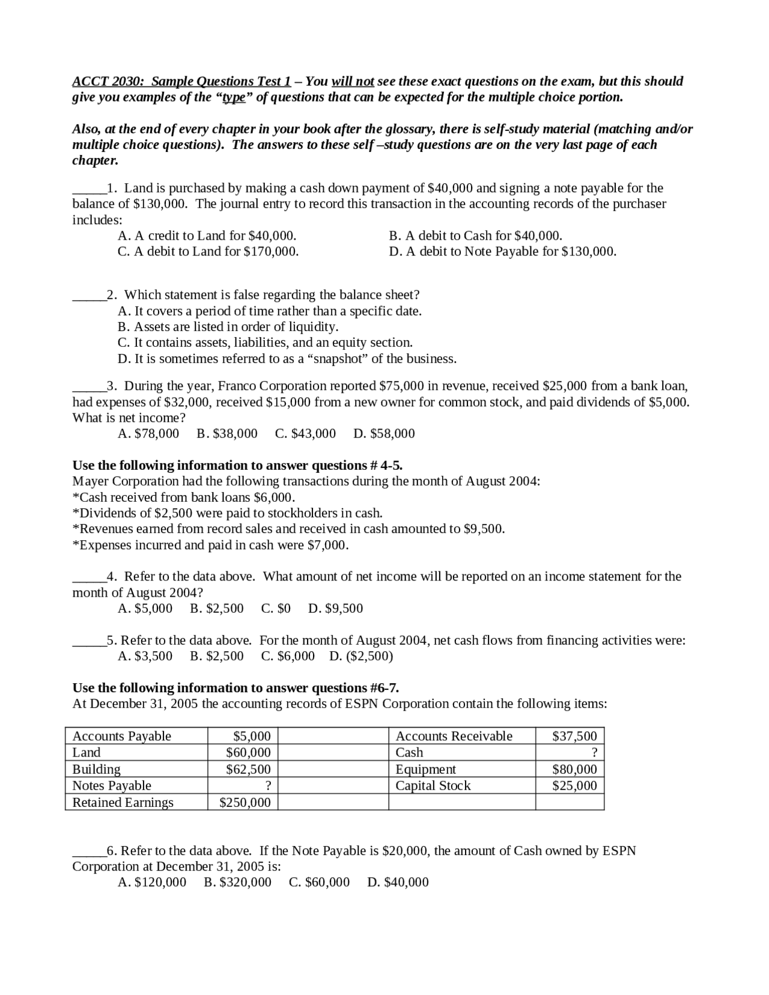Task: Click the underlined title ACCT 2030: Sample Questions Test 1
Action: coord(181,81)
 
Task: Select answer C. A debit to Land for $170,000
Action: coord(208,251)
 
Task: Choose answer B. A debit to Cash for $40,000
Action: coord(475,236)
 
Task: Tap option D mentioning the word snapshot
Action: coord(287,359)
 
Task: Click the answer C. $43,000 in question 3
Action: coord(305,434)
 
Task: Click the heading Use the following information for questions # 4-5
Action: coord(237,466)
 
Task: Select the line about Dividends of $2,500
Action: coord(227,513)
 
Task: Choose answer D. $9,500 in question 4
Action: coord(335,609)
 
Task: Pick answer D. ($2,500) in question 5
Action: coord(361,656)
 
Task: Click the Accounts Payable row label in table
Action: coord(122,736)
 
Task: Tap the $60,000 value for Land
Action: coord(248,752)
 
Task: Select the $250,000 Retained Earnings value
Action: coord(245,803)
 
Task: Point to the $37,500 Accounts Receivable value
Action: coord(574,736)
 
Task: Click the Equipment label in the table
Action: coord(425,769)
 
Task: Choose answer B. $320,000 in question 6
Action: coord(237,883)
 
